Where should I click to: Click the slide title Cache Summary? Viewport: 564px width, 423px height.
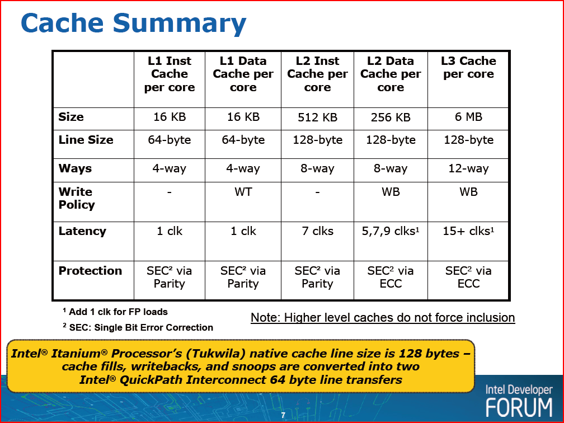[133, 23]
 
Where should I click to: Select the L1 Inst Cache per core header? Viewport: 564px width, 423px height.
[169, 74]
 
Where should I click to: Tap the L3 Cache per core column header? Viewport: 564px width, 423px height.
[468, 67]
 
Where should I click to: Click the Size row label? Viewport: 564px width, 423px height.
[71, 117]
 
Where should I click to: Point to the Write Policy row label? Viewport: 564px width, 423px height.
[77, 198]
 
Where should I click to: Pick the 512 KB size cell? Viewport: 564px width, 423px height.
[317, 117]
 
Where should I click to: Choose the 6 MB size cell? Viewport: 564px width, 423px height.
[468, 117]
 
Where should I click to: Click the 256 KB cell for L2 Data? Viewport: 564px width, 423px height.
[391, 117]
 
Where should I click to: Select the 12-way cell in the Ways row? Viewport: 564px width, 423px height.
[468, 168]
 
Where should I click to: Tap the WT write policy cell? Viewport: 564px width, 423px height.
[243, 192]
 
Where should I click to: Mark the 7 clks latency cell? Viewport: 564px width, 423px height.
[317, 231]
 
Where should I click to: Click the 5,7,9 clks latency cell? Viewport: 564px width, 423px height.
[391, 231]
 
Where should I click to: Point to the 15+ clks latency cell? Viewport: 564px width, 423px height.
[468, 231]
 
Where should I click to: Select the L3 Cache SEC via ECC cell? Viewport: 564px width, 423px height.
[468, 277]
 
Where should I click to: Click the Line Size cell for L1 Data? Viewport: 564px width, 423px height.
[243, 140]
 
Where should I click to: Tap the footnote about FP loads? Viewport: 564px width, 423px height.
[115, 312]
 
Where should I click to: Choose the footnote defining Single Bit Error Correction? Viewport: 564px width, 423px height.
[138, 327]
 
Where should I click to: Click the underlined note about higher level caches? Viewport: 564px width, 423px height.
[383, 318]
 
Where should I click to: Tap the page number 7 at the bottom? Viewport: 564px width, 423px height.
[283, 415]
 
